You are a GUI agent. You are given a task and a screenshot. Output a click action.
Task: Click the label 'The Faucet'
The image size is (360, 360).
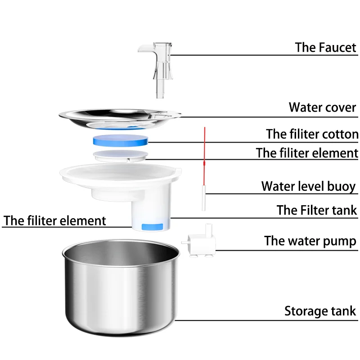(x=325, y=47)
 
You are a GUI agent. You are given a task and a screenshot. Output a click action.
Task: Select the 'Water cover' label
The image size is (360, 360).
(x=322, y=108)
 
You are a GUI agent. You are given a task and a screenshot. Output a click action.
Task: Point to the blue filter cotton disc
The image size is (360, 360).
(x=120, y=140)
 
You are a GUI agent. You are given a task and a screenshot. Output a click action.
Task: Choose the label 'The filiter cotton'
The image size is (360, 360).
(x=312, y=134)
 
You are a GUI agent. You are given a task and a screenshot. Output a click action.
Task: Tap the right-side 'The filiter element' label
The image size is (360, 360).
(x=307, y=153)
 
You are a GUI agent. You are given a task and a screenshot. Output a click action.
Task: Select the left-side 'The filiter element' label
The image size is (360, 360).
(x=55, y=221)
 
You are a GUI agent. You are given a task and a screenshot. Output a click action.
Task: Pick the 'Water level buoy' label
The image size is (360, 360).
(x=308, y=186)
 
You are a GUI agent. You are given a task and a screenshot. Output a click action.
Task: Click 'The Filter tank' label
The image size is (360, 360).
(x=316, y=210)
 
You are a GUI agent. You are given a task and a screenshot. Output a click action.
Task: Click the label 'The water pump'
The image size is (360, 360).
(x=310, y=241)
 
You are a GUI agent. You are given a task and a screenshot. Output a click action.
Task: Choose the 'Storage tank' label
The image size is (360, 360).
(x=320, y=311)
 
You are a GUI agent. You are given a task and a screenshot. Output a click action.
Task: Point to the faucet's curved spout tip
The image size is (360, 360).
(x=140, y=48)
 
